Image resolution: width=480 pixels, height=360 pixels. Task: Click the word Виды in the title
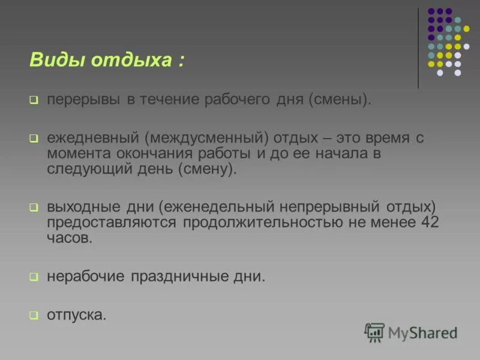(x=52, y=60)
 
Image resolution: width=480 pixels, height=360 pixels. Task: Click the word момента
(x=76, y=154)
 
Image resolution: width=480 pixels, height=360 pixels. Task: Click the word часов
(x=70, y=238)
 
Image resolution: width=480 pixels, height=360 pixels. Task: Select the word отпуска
(x=76, y=315)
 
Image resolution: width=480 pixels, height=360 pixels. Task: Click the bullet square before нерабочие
(x=34, y=277)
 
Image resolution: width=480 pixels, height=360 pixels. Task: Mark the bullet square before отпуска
(x=34, y=315)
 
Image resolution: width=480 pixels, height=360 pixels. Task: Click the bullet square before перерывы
(x=34, y=100)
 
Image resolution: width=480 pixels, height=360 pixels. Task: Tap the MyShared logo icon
(x=374, y=332)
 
